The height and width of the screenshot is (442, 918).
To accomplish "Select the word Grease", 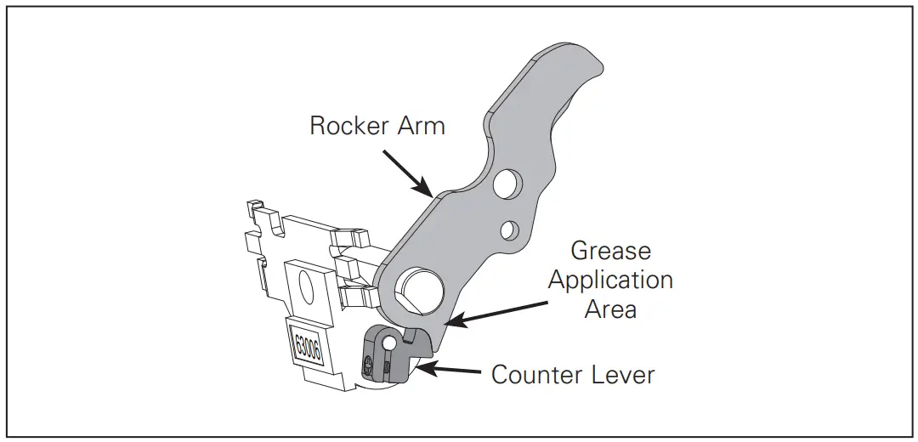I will pyautogui.click(x=610, y=251).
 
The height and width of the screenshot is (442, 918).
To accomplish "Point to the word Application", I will pyautogui.click(x=610, y=280).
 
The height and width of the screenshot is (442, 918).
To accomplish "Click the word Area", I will pyautogui.click(x=610, y=309).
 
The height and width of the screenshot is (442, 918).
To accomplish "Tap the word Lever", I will pyautogui.click(x=626, y=374).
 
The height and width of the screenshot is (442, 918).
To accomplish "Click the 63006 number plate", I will pyautogui.click(x=307, y=343).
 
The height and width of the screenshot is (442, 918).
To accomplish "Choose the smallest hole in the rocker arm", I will pyautogui.click(x=509, y=229).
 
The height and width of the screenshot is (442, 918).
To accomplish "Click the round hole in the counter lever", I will pyautogui.click(x=388, y=343).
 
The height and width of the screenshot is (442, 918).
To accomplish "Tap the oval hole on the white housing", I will pyautogui.click(x=312, y=287).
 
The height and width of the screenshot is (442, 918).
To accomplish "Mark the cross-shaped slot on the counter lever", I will pyautogui.click(x=368, y=365).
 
